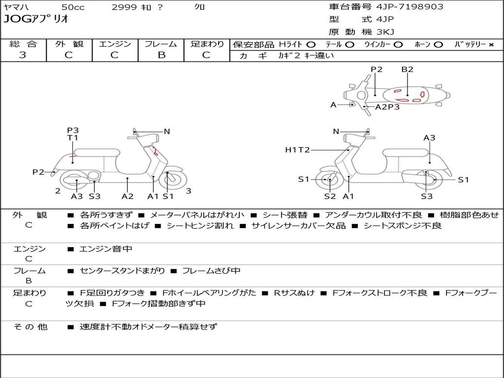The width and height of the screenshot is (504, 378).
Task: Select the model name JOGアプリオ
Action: (x=36, y=19)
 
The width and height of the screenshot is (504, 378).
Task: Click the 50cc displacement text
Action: (x=73, y=7)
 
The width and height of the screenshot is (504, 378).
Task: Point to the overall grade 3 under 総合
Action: (x=23, y=55)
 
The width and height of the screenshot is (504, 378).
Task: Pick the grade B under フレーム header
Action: (x=161, y=55)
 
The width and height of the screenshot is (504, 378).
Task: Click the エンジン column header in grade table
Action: (x=115, y=44)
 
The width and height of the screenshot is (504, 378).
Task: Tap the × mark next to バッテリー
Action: (x=491, y=45)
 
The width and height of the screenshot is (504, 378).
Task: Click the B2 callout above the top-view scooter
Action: (x=407, y=69)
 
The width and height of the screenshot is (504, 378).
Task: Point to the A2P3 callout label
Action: (x=387, y=107)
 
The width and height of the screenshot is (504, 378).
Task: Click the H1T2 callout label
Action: (x=297, y=150)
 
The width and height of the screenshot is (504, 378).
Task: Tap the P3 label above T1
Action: (x=73, y=130)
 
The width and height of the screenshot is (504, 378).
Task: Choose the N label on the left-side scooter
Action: (x=167, y=131)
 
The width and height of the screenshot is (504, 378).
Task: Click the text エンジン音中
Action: (x=106, y=249)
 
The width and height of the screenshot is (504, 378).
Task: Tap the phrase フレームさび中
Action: (x=211, y=271)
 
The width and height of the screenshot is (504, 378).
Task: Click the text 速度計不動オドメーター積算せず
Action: (x=148, y=327)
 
